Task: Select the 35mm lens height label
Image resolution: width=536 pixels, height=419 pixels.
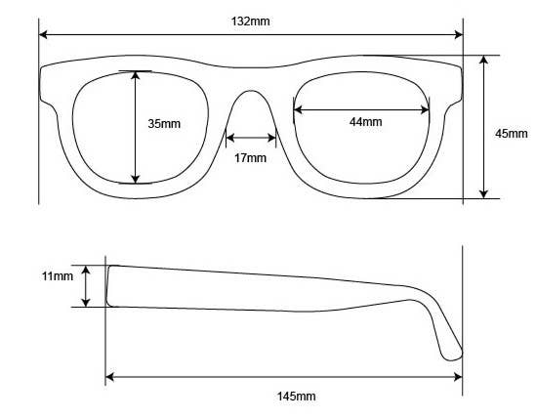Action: point(164,124)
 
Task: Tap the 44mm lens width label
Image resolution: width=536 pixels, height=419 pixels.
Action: point(365,122)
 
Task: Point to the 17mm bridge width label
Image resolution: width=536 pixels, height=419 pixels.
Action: point(250,158)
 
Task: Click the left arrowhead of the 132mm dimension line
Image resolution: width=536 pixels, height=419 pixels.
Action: point(44,35)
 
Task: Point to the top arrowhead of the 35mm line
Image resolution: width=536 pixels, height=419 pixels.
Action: point(136,75)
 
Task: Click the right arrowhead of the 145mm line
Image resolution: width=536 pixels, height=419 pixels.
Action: point(457,376)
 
